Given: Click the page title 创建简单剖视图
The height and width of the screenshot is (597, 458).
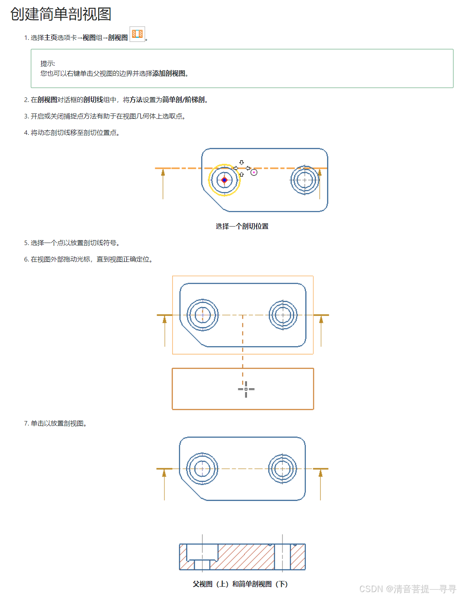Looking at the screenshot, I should tap(61, 14).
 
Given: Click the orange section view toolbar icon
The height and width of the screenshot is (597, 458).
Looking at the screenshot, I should tap(137, 34).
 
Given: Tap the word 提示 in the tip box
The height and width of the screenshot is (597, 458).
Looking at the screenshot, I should tap(47, 64).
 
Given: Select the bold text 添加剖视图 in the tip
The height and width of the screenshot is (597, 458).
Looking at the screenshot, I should tap(169, 74).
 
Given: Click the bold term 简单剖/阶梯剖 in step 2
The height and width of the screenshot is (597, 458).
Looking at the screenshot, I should tap(183, 100).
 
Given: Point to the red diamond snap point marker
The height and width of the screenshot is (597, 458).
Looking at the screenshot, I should tap(224, 180).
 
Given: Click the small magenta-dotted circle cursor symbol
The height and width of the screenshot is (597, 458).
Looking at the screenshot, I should tap(254, 172).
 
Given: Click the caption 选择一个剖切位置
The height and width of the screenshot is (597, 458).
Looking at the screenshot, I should tap(242, 226).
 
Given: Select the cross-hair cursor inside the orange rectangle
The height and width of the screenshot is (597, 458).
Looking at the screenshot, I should tap(246, 389).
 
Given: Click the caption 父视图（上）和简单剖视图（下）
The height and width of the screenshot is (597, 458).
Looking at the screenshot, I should tap(240, 584).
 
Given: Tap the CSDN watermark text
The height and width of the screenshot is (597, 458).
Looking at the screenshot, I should tap(407, 589).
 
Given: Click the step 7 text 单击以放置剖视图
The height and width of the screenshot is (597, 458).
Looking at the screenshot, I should tap(59, 423).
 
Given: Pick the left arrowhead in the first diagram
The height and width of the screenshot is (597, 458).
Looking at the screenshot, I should tap(163, 173).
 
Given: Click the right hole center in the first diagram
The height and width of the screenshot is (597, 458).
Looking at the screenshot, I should tap(305, 180).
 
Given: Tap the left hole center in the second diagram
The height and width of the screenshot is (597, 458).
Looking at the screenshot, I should tap(202, 315).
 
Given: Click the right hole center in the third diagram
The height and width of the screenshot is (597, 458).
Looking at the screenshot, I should tap(282, 469).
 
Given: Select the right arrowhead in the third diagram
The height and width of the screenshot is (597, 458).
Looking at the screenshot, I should tap(320, 474).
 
